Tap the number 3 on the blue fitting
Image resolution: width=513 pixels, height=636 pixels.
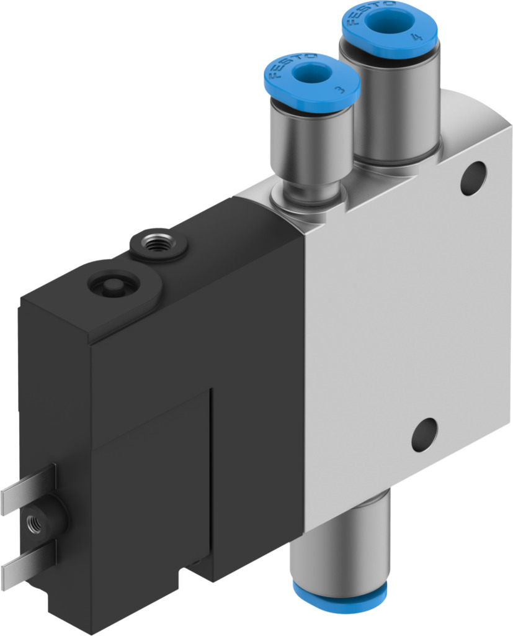pos(339,90)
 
